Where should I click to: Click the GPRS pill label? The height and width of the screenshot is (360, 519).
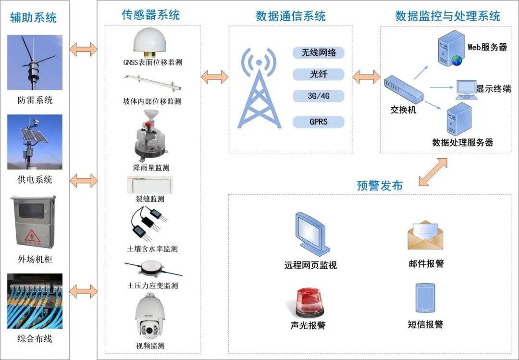(319, 122)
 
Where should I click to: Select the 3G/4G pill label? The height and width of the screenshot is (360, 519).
(319, 96)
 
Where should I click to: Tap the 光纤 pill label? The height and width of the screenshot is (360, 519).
(319, 74)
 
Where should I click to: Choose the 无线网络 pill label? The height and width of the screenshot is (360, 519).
(319, 52)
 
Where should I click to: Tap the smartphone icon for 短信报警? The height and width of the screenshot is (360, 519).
(425, 298)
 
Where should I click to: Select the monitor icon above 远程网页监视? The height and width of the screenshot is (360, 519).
(311, 233)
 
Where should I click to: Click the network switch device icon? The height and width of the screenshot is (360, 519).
(404, 88)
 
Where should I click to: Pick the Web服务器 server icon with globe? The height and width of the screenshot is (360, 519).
(451, 48)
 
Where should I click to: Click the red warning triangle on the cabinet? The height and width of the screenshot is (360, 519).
(33, 236)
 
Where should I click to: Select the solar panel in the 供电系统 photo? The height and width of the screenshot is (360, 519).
(34, 136)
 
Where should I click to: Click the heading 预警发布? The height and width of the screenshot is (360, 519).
(380, 186)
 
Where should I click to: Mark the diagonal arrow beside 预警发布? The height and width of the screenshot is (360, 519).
(433, 172)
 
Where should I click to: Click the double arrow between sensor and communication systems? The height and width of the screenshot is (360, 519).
(214, 77)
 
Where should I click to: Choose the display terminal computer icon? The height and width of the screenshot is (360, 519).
(466, 89)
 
